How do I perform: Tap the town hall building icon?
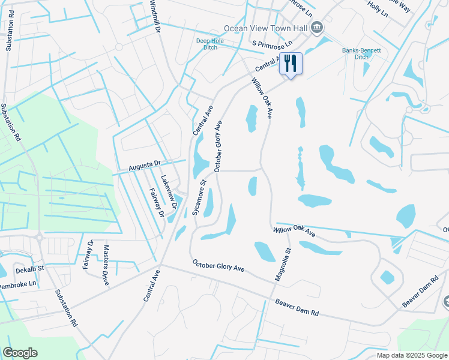(x=318, y=28)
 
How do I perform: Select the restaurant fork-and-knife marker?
(x=291, y=63)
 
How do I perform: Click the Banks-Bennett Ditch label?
(x=362, y=53)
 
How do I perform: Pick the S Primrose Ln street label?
(x=272, y=44)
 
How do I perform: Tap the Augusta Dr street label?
(x=145, y=163)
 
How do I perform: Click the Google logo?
(x=20, y=353)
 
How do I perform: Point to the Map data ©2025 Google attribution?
(x=411, y=355)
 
